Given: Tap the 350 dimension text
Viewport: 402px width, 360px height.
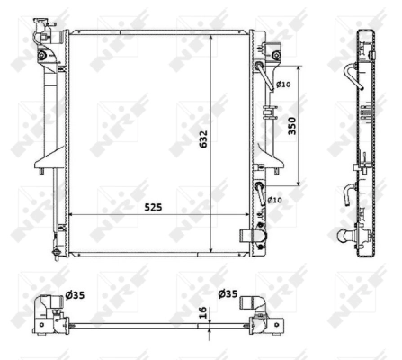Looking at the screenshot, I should (290, 127).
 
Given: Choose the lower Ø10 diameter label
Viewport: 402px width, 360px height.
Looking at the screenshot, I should (274, 199).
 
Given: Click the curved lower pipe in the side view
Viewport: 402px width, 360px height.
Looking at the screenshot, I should (353, 192).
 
